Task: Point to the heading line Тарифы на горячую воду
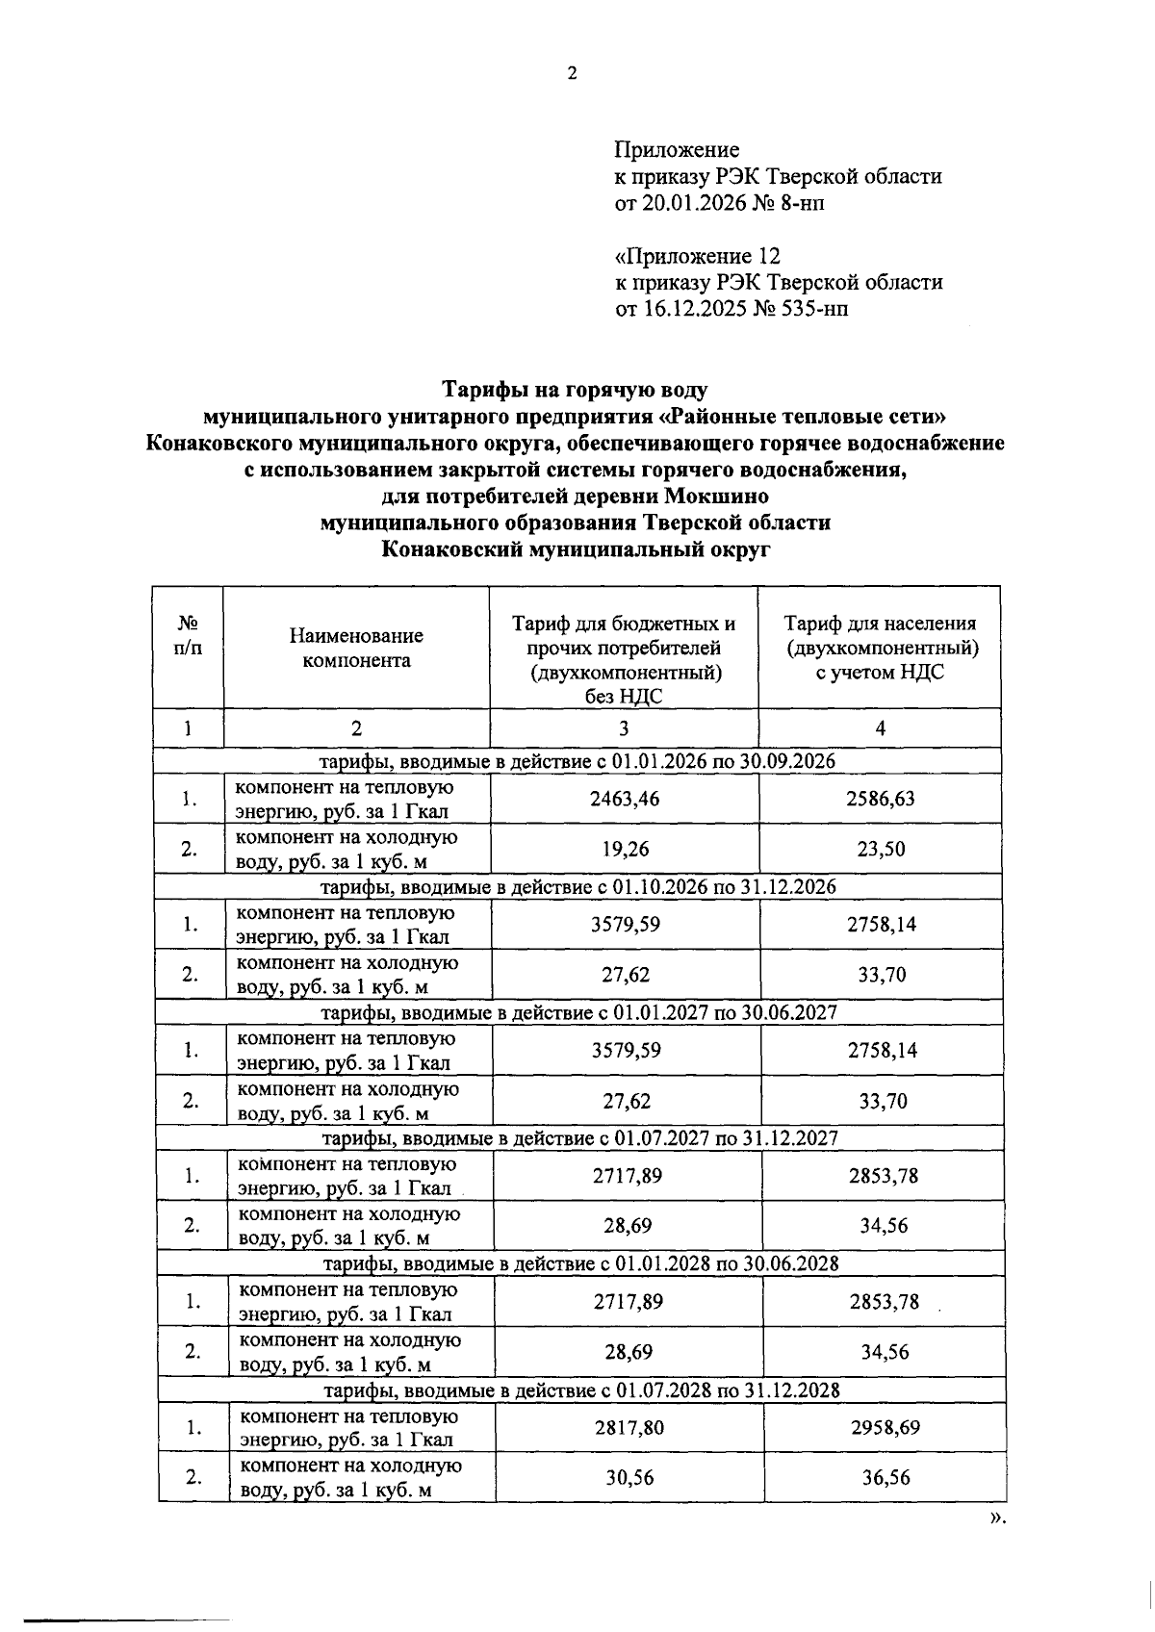(575, 390)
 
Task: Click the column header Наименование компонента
(356, 648)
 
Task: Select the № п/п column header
(188, 635)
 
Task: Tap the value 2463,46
(625, 799)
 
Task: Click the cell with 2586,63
(880, 799)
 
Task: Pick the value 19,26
(625, 849)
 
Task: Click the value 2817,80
(629, 1427)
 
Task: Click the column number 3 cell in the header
(624, 728)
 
